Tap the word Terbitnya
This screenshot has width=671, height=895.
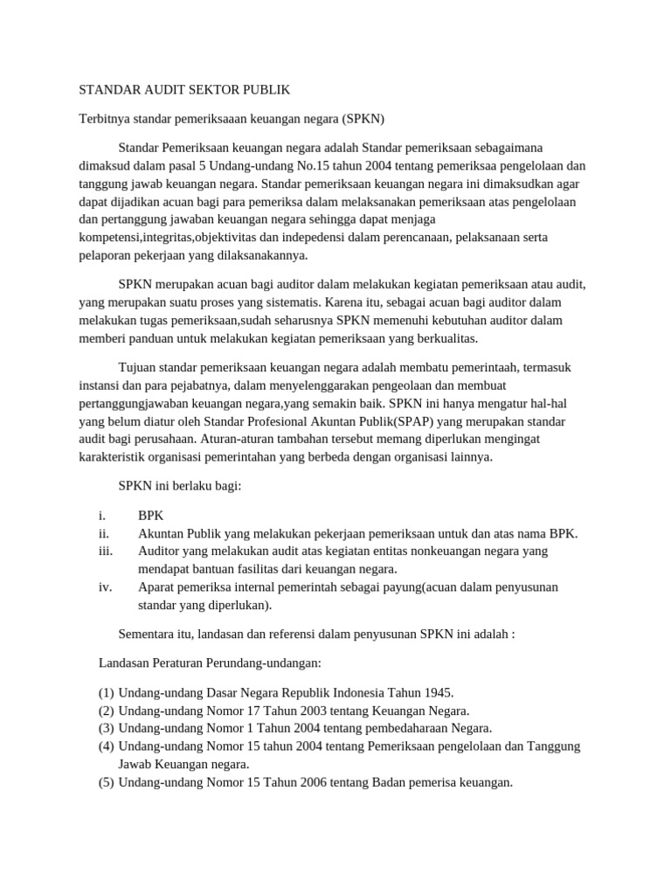coord(106,118)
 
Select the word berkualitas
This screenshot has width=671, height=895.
coord(447,339)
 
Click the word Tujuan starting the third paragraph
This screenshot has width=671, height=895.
coord(138,367)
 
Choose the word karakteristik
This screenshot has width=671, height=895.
coord(114,457)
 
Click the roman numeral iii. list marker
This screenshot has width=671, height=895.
coord(106,552)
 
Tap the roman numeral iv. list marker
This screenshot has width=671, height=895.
coord(105,587)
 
